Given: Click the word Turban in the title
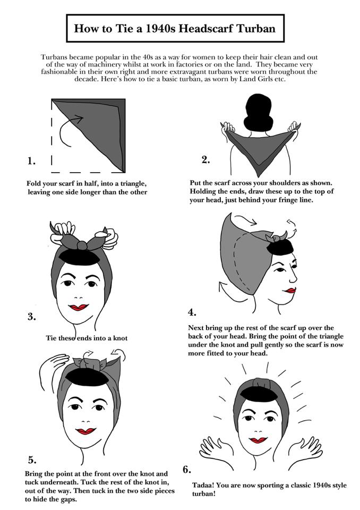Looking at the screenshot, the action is [x=255, y=28].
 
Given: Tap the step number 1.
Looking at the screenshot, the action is [x=31, y=160].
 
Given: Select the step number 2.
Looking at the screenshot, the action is [x=206, y=160].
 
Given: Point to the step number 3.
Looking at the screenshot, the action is [x=31, y=317].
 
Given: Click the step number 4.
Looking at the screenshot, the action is [x=192, y=312].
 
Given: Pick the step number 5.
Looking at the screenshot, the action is [x=32, y=460].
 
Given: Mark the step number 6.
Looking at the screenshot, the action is [x=187, y=470].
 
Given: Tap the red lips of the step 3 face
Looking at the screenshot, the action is [x=79, y=307].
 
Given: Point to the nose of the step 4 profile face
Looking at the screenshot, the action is [x=294, y=278].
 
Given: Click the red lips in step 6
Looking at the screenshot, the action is [x=258, y=440].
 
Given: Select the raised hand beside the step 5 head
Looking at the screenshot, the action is [x=54, y=366].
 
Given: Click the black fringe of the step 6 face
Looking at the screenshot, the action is [x=259, y=393].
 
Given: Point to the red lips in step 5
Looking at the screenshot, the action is [x=85, y=431].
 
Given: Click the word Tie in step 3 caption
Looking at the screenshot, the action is [x=52, y=338].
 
